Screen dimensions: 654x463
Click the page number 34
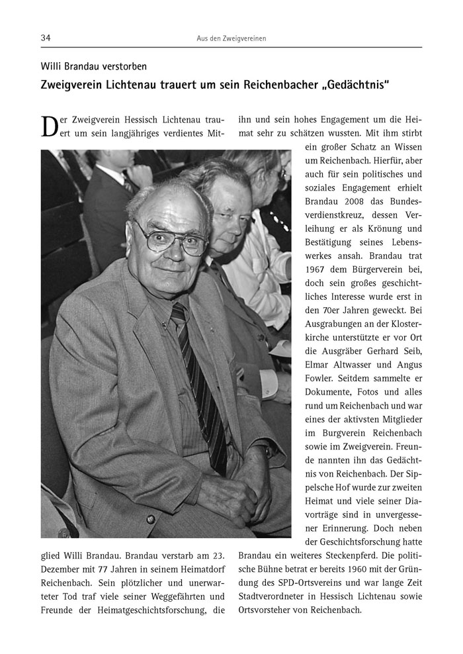[46, 38]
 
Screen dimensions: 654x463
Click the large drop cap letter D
[50, 127]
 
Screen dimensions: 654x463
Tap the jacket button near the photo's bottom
[150, 518]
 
